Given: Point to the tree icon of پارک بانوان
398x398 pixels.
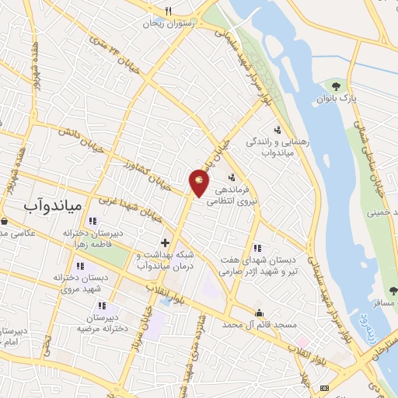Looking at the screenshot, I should click(x=336, y=86).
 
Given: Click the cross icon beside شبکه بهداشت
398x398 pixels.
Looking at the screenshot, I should click(x=165, y=243).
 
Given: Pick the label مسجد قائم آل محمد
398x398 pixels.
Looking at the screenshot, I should click(x=260, y=323).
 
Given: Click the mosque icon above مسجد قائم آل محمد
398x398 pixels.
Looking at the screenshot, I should click(x=259, y=312).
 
